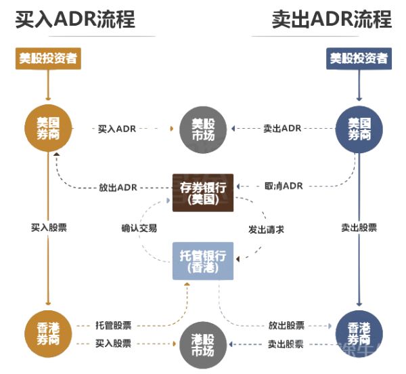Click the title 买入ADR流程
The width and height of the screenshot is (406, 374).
coord(75,18)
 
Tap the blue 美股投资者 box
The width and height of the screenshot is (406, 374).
coord(359,58)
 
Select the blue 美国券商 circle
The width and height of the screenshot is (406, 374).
coord(359,127)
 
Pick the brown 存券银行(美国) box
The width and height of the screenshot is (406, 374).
coord(203,192)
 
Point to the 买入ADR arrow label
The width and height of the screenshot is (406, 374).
coord(117,128)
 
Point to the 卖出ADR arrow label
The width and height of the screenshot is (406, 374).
coord(282,128)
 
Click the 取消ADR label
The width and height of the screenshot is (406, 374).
coord(283,186)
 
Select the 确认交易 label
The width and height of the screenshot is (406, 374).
coord(135,229)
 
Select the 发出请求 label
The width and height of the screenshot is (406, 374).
coord(266,229)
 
